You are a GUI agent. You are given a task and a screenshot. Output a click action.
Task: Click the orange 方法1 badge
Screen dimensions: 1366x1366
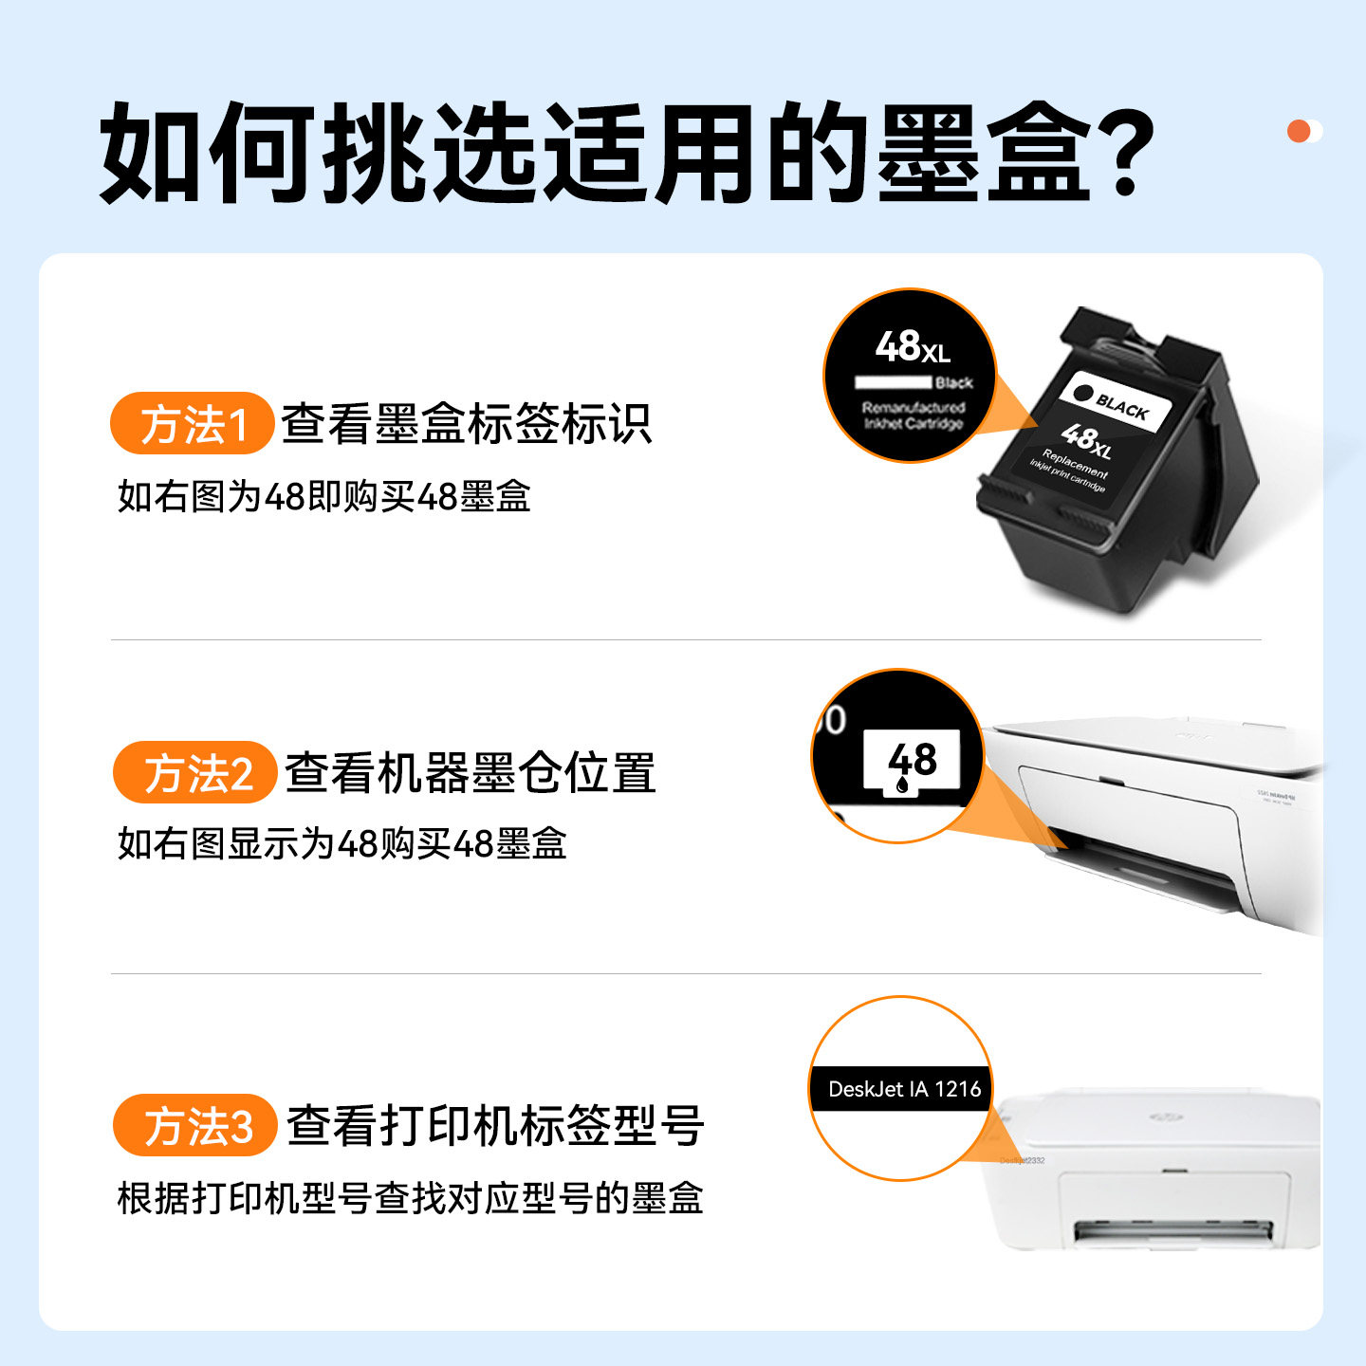(193, 423)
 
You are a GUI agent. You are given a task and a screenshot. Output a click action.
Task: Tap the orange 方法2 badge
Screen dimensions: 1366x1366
(195, 773)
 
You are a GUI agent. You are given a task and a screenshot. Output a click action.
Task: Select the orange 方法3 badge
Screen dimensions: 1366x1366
(195, 1126)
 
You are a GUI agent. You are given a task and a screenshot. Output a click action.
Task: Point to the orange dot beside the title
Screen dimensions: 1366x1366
(1299, 131)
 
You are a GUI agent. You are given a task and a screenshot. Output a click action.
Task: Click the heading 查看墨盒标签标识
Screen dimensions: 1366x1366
(466, 423)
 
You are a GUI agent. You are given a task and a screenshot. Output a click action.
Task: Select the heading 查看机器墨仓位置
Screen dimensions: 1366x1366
(470, 773)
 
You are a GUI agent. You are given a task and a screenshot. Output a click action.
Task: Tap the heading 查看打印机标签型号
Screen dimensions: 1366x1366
(494, 1126)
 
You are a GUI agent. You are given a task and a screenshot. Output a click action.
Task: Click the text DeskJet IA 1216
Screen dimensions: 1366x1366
(903, 1089)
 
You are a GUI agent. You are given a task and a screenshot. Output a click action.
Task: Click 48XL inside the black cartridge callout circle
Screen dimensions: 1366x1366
(912, 347)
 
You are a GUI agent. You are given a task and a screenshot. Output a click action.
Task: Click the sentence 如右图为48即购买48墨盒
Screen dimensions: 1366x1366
(323, 496)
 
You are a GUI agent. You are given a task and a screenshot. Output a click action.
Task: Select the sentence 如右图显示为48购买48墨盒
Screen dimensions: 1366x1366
(341, 843)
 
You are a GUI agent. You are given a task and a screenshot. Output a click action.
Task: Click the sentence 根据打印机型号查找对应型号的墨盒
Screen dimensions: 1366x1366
(410, 1198)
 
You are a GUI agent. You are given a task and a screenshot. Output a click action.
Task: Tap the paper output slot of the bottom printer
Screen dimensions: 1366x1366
(1172, 1232)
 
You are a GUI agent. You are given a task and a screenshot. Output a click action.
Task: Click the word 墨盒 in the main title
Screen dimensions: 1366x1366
(983, 154)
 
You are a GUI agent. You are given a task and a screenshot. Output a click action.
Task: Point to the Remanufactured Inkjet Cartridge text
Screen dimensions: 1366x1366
(913, 415)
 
